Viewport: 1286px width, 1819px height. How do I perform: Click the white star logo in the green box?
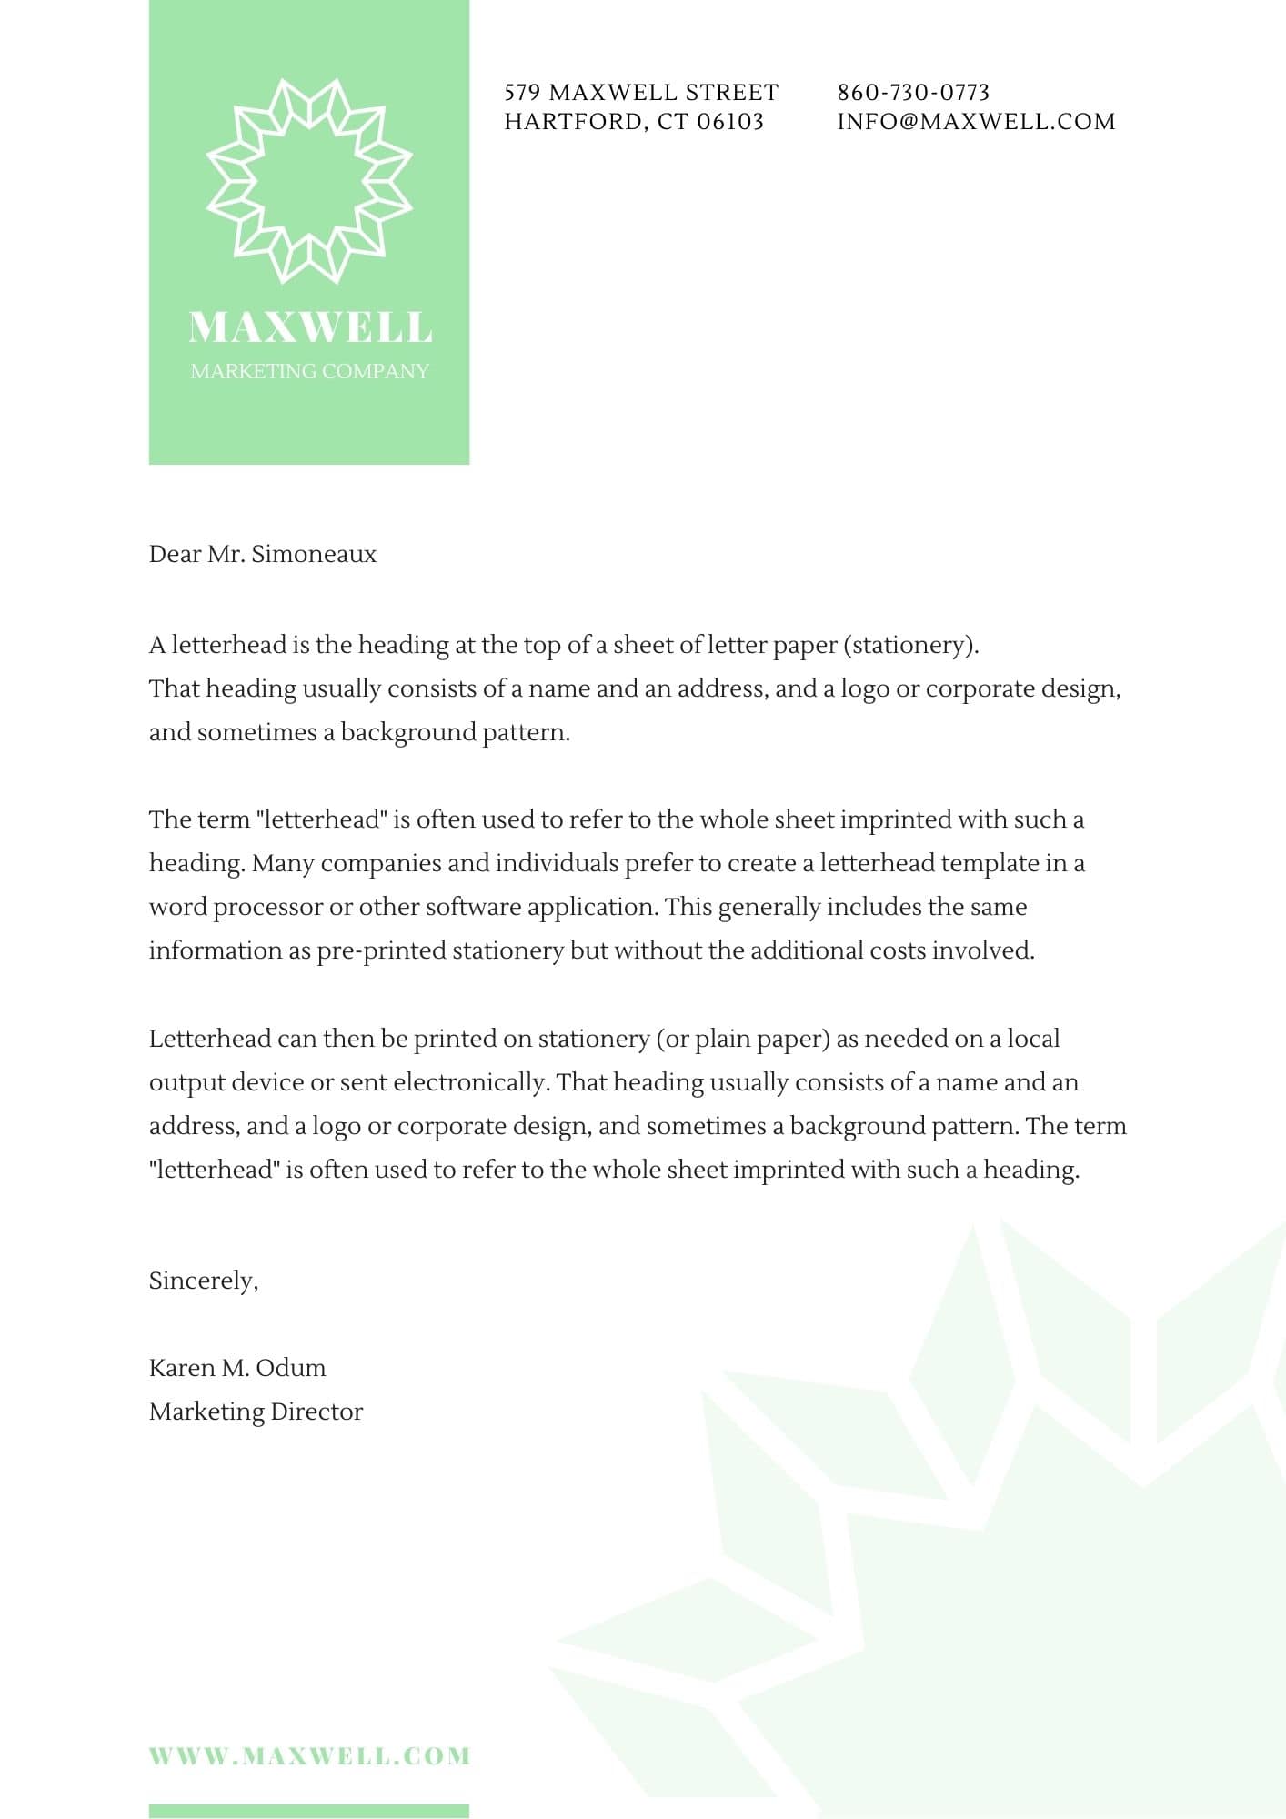(309, 180)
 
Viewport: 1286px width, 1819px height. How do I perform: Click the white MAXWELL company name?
(309, 327)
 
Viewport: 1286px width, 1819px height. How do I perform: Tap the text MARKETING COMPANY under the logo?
(309, 371)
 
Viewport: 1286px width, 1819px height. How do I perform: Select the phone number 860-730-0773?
(913, 92)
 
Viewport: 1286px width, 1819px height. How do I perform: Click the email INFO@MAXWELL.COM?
(976, 122)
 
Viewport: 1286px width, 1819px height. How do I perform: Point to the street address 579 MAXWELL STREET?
(641, 92)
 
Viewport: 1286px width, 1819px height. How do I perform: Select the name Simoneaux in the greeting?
(314, 554)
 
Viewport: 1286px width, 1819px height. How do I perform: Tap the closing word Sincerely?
(204, 1281)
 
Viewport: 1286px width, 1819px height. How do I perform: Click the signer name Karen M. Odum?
(237, 1368)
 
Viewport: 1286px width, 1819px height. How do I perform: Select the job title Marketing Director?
(256, 1412)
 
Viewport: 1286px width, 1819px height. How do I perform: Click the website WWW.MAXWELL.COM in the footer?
(309, 1756)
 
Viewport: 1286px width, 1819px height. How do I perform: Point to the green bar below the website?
(309, 1811)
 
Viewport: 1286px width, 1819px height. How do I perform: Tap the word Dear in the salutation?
(175, 554)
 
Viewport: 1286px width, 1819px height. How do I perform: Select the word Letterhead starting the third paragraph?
(209, 1039)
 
